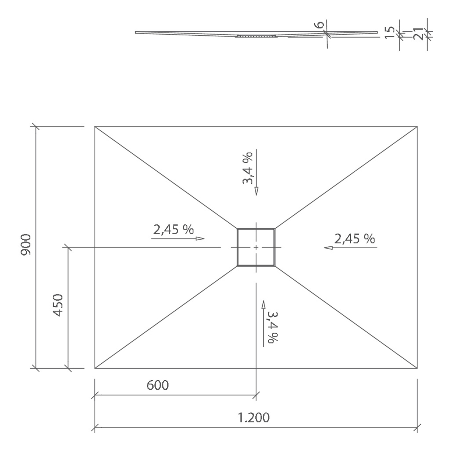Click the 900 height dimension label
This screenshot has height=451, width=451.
26,245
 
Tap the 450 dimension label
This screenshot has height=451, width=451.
58,305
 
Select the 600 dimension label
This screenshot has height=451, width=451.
158,385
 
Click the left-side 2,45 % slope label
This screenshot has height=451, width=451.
174,229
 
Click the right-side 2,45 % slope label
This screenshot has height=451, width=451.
355,239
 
